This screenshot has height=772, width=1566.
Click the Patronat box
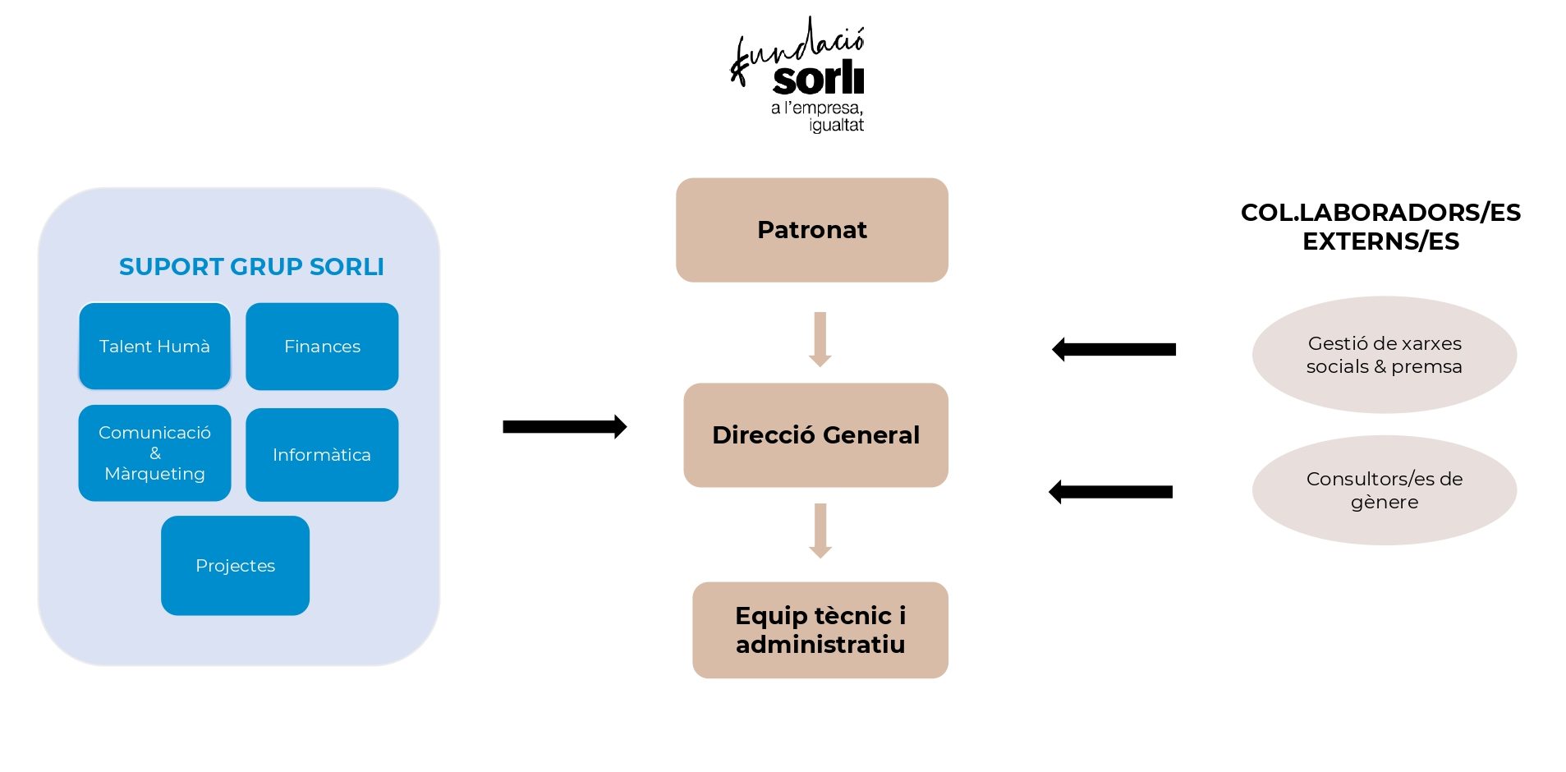(x=811, y=230)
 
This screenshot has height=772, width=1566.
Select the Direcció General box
(x=815, y=434)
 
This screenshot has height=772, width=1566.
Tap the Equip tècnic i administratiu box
(x=820, y=630)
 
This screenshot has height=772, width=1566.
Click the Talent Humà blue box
(x=154, y=347)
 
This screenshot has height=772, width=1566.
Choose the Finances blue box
(x=322, y=347)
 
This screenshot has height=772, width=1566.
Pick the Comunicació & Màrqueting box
(x=154, y=453)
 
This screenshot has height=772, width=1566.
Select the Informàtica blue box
(x=322, y=454)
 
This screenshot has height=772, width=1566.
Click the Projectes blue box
(x=235, y=565)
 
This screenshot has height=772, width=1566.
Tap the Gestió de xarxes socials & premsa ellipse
(x=1384, y=355)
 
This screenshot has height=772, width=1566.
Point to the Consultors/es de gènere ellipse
(x=1384, y=490)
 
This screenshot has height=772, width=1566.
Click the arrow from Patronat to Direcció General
(x=820, y=338)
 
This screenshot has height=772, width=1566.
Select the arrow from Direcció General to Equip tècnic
(x=820, y=531)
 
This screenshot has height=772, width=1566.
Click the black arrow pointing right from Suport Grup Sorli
(x=564, y=426)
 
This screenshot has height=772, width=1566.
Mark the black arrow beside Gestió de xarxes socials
(x=1114, y=349)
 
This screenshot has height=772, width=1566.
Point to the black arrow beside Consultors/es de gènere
(x=1110, y=492)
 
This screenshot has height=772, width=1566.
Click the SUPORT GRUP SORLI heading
(x=251, y=267)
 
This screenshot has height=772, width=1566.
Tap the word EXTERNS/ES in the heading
(x=1380, y=241)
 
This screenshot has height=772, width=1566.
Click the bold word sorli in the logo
(x=818, y=79)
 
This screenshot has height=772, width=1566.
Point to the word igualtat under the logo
(x=836, y=126)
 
